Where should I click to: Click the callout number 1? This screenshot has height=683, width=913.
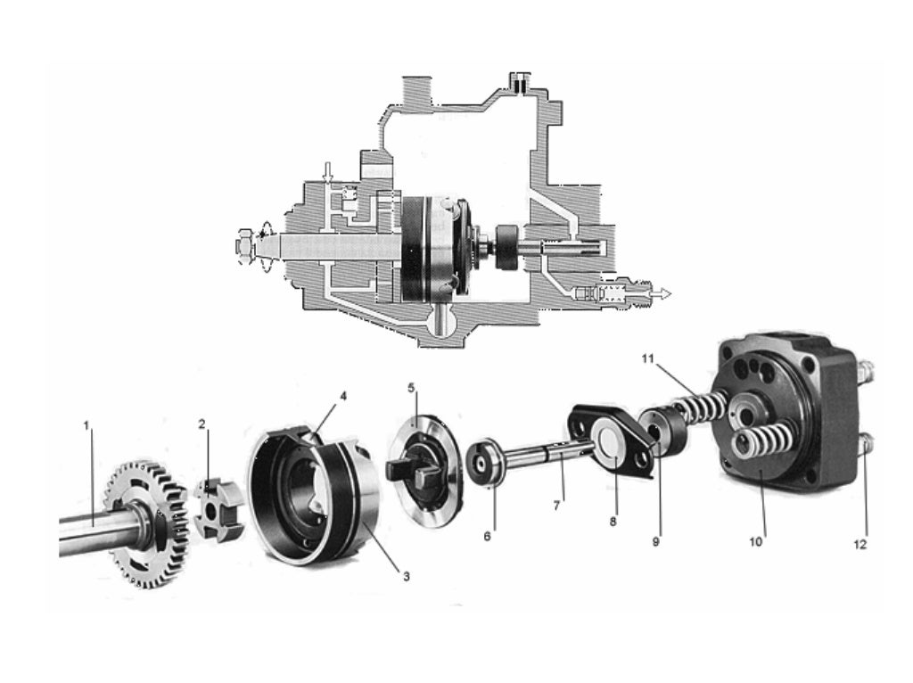click(x=86, y=425)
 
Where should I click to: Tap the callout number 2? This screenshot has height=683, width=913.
click(x=202, y=424)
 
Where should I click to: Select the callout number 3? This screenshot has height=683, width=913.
click(x=407, y=576)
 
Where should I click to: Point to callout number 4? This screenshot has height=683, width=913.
click(x=343, y=396)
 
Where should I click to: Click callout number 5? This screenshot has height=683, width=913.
click(x=411, y=387)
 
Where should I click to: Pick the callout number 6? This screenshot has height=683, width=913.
click(x=488, y=536)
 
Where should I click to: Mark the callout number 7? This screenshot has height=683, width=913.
click(x=556, y=506)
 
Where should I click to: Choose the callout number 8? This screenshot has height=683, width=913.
click(x=613, y=522)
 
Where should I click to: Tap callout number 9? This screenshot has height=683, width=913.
click(x=656, y=541)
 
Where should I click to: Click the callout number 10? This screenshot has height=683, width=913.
click(x=755, y=542)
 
